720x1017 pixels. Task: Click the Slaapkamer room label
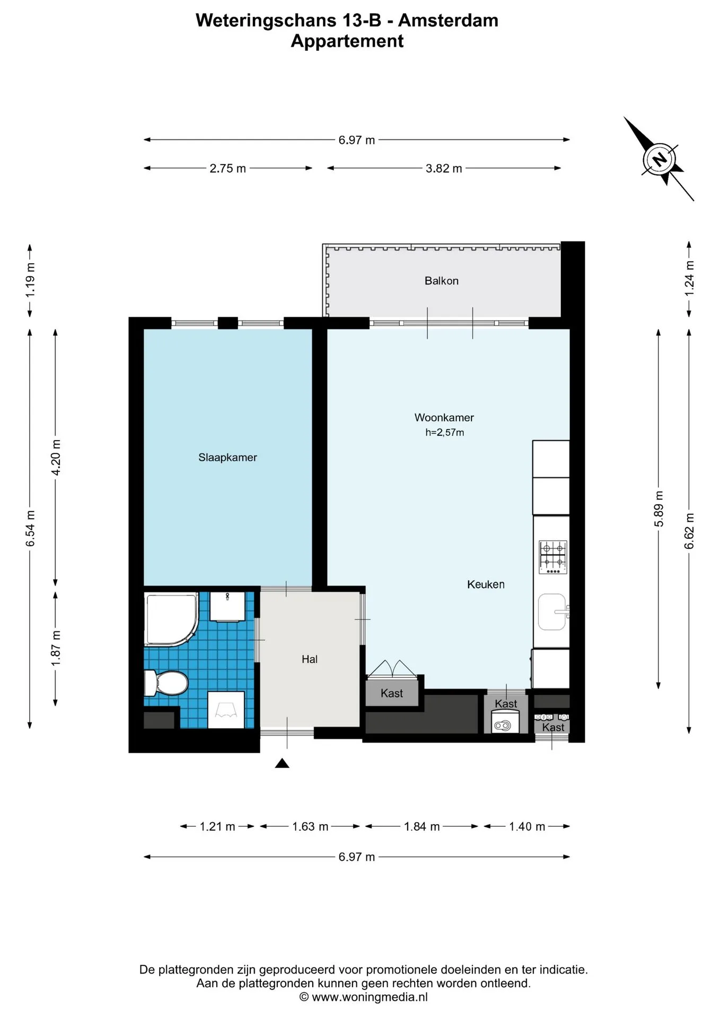pyautogui.click(x=227, y=458)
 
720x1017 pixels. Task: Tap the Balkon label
pyautogui.click(x=442, y=281)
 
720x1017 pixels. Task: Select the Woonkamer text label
pyautogui.click(x=444, y=417)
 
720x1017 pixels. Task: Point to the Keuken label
pyautogui.click(x=486, y=584)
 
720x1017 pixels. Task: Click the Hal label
pyautogui.click(x=310, y=659)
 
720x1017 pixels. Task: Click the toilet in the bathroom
pyautogui.click(x=166, y=683)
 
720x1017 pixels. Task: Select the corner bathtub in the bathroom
pyautogui.click(x=171, y=619)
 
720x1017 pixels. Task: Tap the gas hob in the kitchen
pyautogui.click(x=553, y=557)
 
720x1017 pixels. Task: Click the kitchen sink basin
pyautogui.click(x=552, y=612)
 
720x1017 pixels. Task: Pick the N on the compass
pyautogui.click(x=659, y=159)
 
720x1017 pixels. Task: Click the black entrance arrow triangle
pyautogui.click(x=282, y=763)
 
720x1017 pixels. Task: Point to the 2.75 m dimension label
pyautogui.click(x=228, y=168)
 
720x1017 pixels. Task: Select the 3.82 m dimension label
pyautogui.click(x=444, y=168)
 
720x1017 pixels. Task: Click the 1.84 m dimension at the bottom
pyautogui.click(x=422, y=826)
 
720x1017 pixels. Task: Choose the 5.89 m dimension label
pyautogui.click(x=658, y=509)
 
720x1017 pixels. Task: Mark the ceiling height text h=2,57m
pyautogui.click(x=444, y=432)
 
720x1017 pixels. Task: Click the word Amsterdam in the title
pyautogui.click(x=448, y=20)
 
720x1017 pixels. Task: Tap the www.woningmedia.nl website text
pyautogui.click(x=370, y=997)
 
